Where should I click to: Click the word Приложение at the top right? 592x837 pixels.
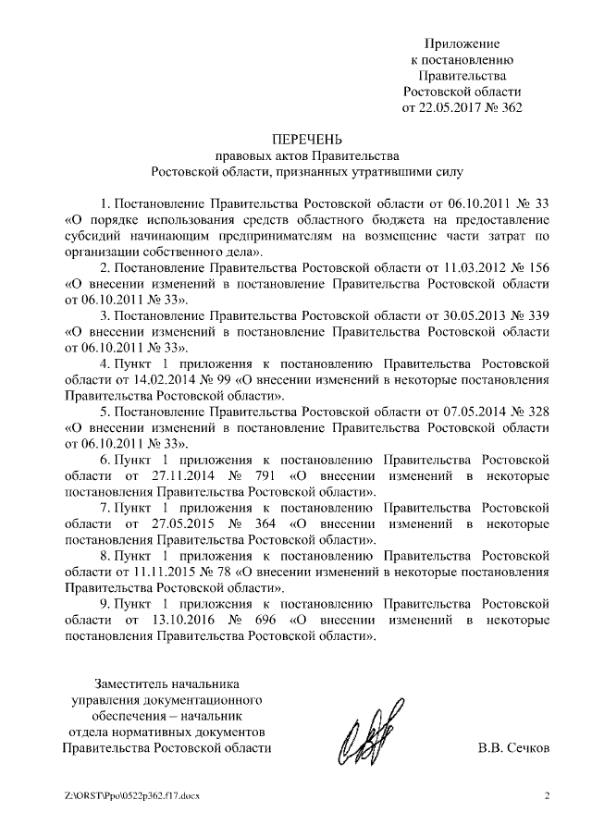point(462,43)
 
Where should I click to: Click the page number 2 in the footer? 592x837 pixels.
point(547,795)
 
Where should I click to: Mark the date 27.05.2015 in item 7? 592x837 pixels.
point(191,523)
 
